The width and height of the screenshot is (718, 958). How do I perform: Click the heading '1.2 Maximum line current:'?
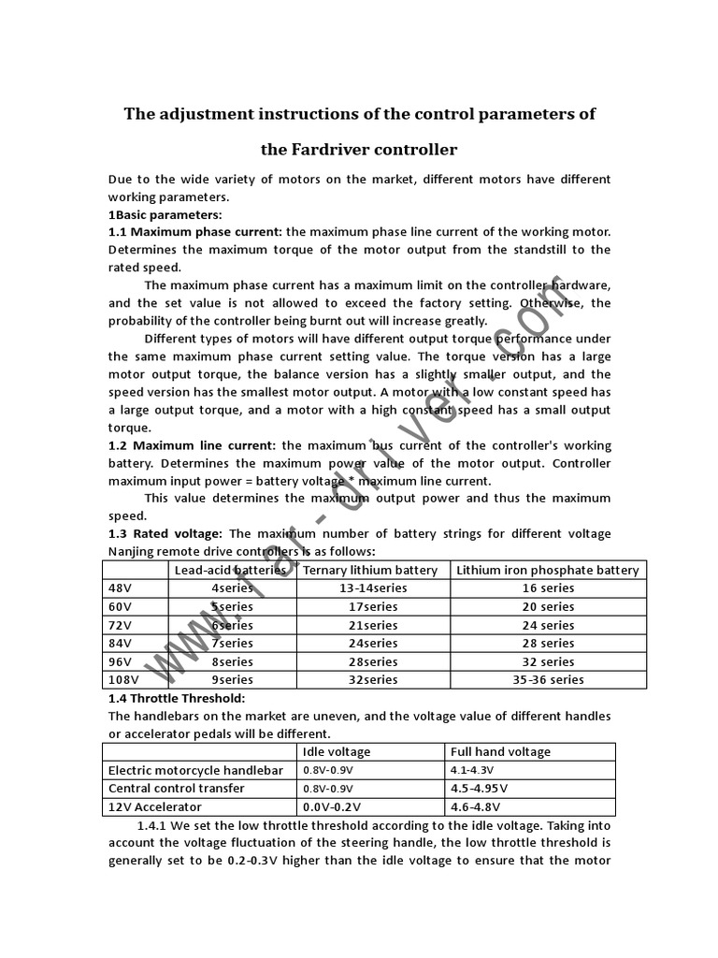193,445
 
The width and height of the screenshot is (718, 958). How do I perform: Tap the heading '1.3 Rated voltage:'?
165,533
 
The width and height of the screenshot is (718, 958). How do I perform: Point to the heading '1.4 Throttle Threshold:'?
177,698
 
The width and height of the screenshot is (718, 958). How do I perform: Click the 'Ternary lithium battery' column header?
370,570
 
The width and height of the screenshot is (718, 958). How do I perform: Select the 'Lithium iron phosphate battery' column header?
547,570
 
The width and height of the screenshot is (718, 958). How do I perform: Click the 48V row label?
120,588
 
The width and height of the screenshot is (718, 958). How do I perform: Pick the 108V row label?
123,679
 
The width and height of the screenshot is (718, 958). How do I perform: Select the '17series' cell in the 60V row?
372,606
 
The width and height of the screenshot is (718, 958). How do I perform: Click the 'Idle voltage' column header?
337,751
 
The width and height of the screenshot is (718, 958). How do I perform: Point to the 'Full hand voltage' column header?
500,751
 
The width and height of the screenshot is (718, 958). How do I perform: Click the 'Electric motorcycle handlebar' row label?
195,770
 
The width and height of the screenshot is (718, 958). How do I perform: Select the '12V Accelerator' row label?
154,806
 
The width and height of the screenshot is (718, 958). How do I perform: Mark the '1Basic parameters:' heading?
165,214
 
